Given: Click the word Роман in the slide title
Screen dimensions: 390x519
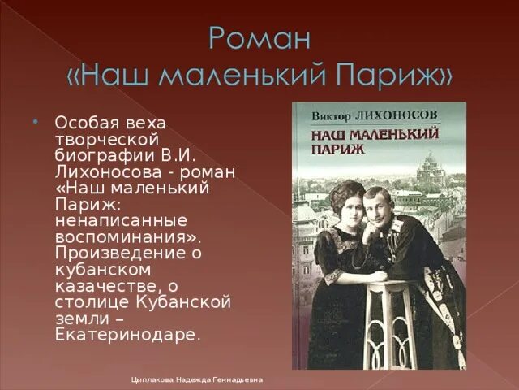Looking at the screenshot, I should point(259,39).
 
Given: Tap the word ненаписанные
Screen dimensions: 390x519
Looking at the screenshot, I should point(120,221).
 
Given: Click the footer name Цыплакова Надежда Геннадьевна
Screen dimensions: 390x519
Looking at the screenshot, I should point(197,379).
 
